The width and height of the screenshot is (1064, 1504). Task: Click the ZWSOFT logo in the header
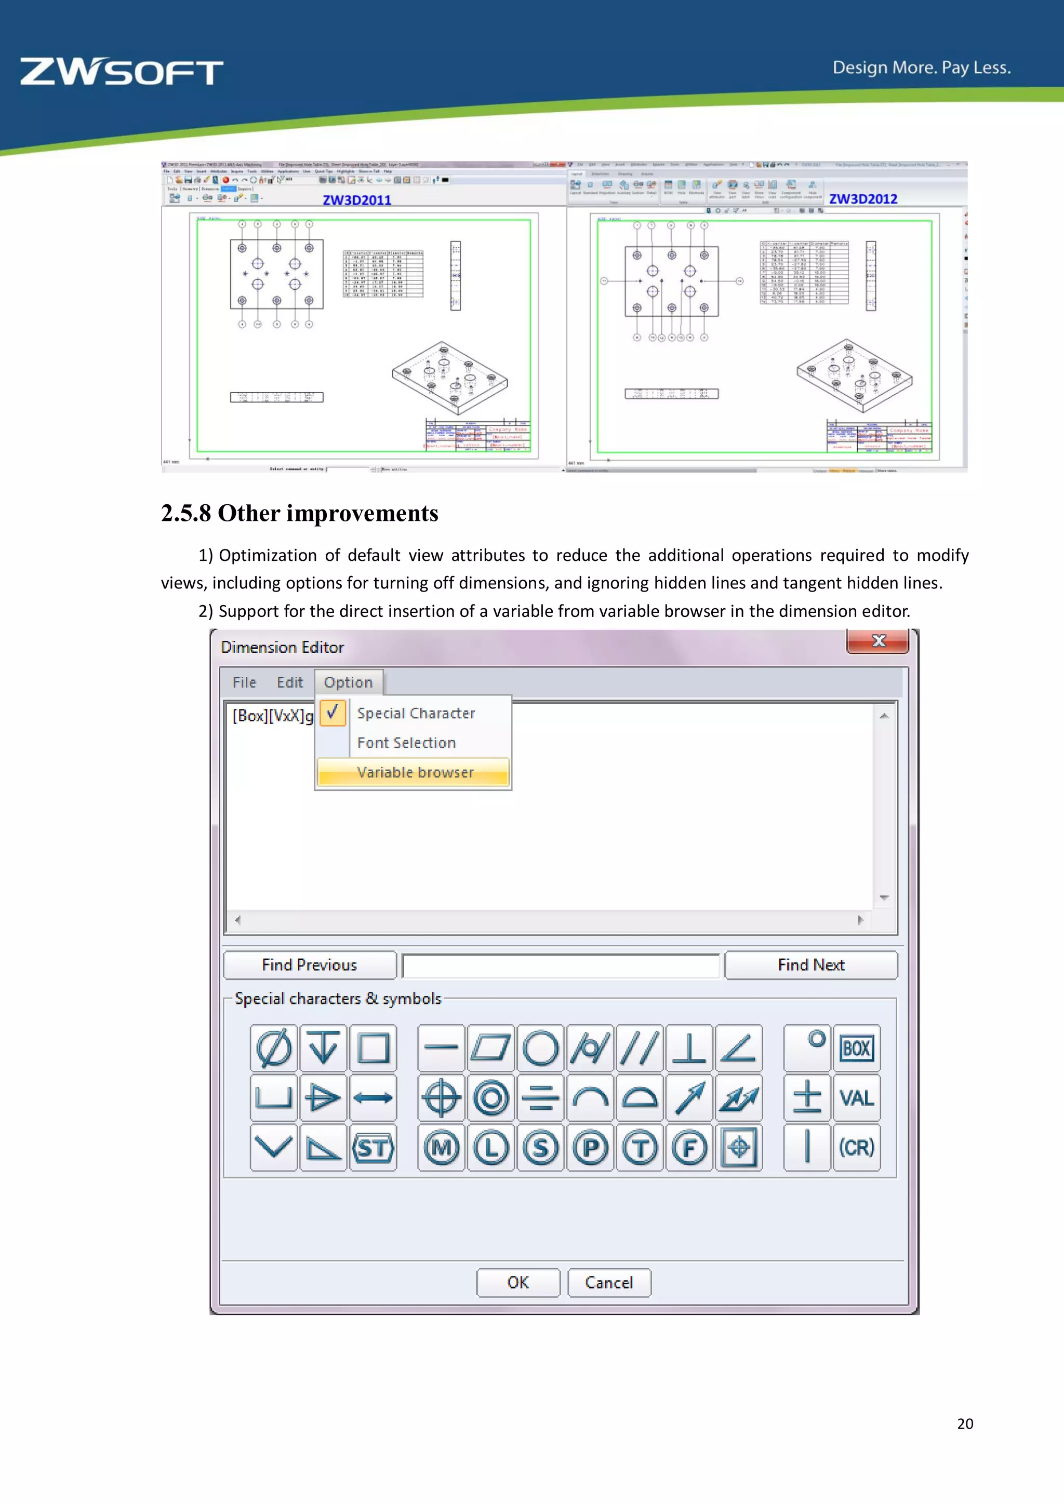[122, 72]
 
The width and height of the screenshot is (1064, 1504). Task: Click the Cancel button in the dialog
[609, 1283]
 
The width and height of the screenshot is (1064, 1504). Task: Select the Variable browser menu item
[414, 772]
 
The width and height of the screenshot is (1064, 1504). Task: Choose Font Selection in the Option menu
[406, 743]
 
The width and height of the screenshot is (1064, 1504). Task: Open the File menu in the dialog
[244, 682]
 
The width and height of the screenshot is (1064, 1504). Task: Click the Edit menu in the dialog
[289, 682]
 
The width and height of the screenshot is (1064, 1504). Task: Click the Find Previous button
[309, 965]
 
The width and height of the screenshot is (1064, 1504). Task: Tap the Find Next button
[810, 965]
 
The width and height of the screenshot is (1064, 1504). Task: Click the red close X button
[878, 641]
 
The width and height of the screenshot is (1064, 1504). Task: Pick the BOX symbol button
[856, 1048]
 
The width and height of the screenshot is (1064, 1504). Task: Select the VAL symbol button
[856, 1098]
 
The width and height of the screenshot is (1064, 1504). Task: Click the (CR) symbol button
[856, 1148]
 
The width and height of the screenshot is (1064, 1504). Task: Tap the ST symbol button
[373, 1148]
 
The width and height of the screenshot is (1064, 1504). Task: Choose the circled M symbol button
[441, 1148]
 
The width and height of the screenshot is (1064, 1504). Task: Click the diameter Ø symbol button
[274, 1048]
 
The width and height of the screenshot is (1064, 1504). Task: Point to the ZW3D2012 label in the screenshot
[863, 199]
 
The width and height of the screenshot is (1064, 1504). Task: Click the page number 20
[964, 1424]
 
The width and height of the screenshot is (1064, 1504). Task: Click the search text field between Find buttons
[561, 965]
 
